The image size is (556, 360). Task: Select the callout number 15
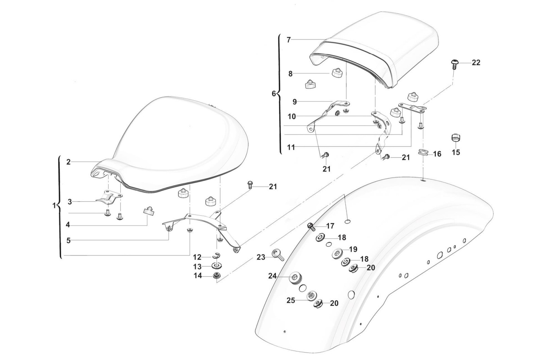pyautogui.click(x=456, y=152)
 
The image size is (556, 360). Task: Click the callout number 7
pyautogui.click(x=289, y=40)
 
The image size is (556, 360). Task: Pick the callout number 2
pyautogui.click(x=68, y=162)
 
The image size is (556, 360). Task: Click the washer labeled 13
pyautogui.click(x=216, y=266)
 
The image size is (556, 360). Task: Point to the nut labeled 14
pyautogui.click(x=215, y=276)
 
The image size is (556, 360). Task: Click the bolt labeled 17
pyautogui.click(x=310, y=226)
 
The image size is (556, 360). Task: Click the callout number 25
pyautogui.click(x=291, y=300)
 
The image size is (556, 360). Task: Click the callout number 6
pyautogui.click(x=274, y=94)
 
